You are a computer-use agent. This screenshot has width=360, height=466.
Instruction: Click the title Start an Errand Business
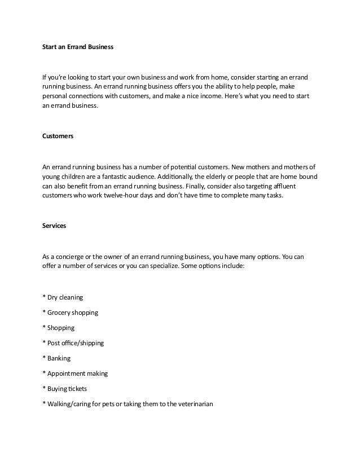click(x=78, y=47)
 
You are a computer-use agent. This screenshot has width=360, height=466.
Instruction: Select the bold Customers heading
click(x=58, y=137)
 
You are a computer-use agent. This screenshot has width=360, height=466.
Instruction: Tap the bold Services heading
click(x=54, y=226)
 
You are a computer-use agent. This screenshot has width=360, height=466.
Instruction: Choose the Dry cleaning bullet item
click(x=63, y=297)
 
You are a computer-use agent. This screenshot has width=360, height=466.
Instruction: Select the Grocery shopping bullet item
click(x=70, y=313)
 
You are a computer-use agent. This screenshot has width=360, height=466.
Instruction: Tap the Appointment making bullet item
click(x=75, y=373)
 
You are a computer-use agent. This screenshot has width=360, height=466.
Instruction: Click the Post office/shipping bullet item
click(x=73, y=343)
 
